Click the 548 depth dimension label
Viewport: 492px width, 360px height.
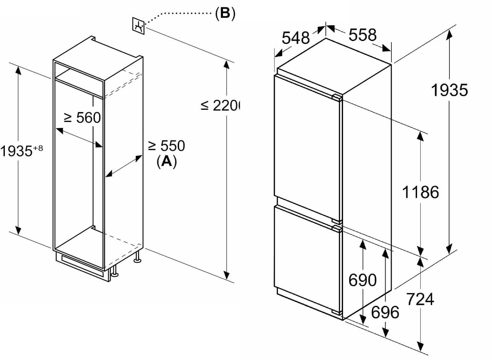[x=296, y=38]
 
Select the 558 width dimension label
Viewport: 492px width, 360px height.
[x=362, y=35]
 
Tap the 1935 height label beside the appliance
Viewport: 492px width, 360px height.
[x=449, y=90]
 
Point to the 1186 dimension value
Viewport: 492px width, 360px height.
[x=420, y=192]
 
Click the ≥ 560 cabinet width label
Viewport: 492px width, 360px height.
[x=82, y=118]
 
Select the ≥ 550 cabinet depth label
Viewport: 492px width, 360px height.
[x=167, y=146]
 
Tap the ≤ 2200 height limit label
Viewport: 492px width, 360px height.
[x=221, y=105]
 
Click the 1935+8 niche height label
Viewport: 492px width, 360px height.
[x=21, y=151]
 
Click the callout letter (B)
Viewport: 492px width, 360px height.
[x=225, y=14]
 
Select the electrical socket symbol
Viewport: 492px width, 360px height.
[x=139, y=25]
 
